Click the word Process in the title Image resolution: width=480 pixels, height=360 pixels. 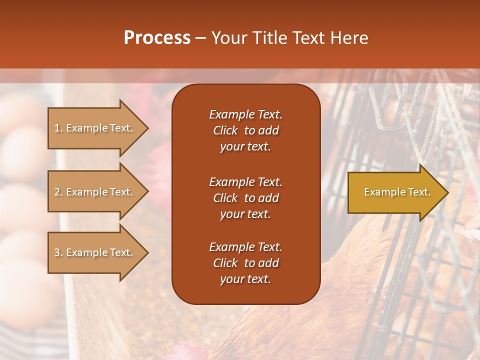point(157,38)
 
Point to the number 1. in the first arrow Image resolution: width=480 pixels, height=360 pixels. point(58,128)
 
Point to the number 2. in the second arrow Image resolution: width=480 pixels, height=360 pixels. point(58,192)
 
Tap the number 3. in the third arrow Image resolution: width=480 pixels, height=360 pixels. point(58,252)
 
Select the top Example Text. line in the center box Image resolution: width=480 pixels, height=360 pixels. point(245,114)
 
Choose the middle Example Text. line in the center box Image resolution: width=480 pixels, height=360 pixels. point(245,181)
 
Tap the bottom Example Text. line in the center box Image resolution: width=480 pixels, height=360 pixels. point(245,247)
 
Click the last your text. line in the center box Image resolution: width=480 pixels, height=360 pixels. point(245,279)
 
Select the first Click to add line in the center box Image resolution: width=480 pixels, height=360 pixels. point(245,130)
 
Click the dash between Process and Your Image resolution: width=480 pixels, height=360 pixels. point(200,38)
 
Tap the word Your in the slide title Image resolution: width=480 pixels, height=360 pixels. point(227,38)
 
